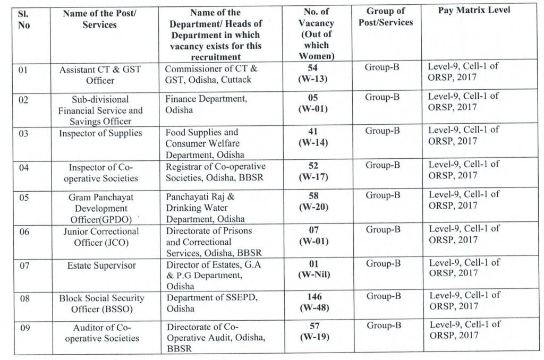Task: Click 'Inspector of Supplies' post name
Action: coord(100,133)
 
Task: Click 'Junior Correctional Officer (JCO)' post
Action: coord(100,237)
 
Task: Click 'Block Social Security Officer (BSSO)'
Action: coord(101,304)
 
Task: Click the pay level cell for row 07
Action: coord(464,268)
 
